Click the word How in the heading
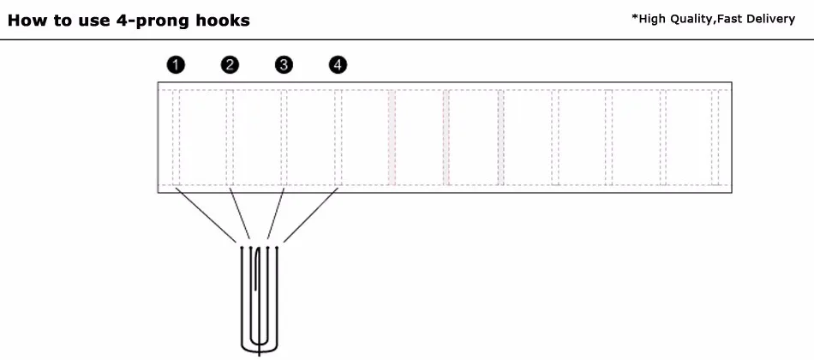click(x=27, y=21)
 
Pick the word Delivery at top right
click(x=770, y=19)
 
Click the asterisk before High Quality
click(x=633, y=17)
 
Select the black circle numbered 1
click(x=176, y=64)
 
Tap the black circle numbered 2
click(x=230, y=64)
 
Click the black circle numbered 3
click(x=284, y=64)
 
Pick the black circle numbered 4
click(x=338, y=64)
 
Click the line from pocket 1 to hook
click(x=206, y=214)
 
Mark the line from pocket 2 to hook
click(x=240, y=214)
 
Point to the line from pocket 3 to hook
click(x=277, y=214)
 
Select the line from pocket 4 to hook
click(x=310, y=214)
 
